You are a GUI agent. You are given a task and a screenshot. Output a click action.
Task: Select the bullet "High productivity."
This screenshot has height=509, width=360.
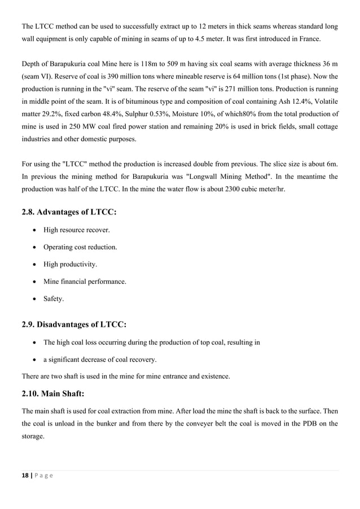70,264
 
